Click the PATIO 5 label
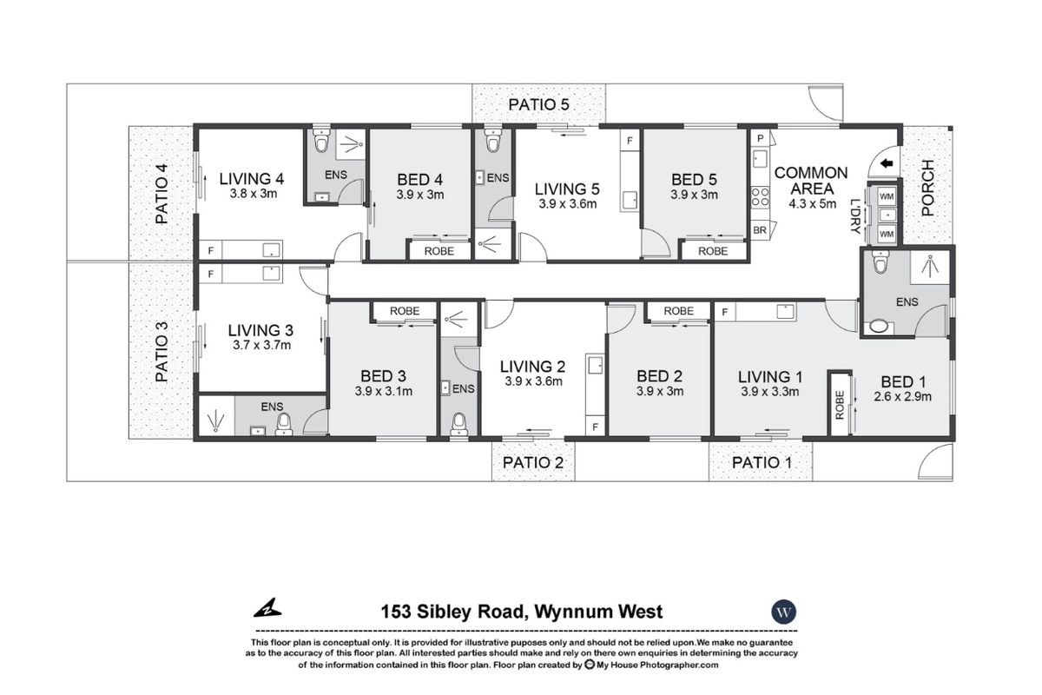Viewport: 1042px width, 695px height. [x=538, y=104]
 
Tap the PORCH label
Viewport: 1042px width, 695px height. [x=927, y=188]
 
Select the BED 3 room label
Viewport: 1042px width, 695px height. [x=383, y=376]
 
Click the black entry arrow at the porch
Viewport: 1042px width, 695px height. [x=887, y=165]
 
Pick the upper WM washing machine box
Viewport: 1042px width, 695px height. [x=886, y=197]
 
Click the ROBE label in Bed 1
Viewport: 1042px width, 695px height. [x=840, y=404]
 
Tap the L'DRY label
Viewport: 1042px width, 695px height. [x=856, y=216]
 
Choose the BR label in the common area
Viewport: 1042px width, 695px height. [x=760, y=231]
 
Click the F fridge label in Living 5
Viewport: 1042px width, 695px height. [x=630, y=140]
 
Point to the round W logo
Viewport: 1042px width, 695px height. [x=784, y=612]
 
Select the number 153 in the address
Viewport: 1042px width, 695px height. [x=397, y=612]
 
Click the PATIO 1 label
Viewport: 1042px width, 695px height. [x=762, y=462]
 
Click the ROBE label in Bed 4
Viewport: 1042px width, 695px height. [x=441, y=251]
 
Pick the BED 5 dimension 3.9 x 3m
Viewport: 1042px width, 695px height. [x=695, y=195]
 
